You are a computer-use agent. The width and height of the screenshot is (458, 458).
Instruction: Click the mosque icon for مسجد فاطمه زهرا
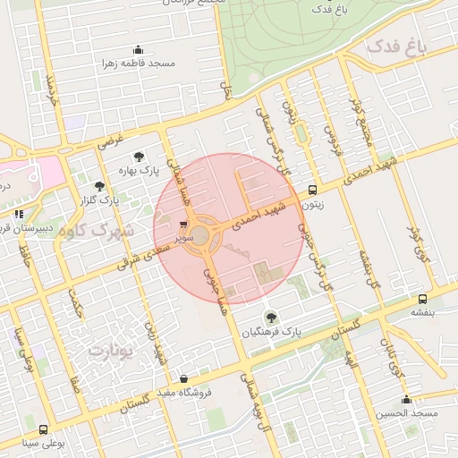click(x=138, y=49)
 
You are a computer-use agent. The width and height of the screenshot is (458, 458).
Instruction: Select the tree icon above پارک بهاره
click(x=138, y=157)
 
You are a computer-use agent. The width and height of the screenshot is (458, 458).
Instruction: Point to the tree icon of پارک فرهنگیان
click(x=270, y=316)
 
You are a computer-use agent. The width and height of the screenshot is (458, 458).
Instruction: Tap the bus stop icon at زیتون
click(x=312, y=190)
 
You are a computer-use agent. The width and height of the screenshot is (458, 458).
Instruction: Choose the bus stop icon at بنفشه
click(x=422, y=299)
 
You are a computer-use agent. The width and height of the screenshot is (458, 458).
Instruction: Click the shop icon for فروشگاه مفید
click(x=183, y=378)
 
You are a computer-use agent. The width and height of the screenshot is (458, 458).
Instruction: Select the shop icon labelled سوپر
click(x=183, y=225)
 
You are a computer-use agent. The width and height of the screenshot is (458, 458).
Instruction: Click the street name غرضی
click(x=110, y=140)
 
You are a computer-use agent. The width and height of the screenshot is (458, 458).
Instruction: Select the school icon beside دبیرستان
click(x=19, y=214)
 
